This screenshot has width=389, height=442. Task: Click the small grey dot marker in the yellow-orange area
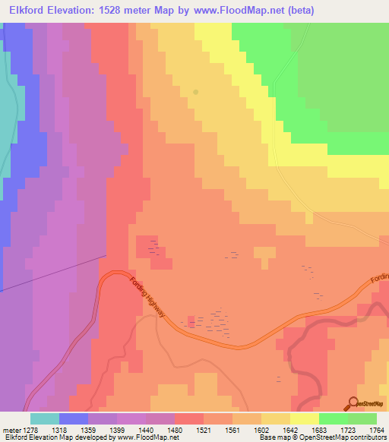(x=196, y=92)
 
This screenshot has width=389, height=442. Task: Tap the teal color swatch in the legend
(x=45, y=418)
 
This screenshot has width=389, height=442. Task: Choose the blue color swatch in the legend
(x=74, y=418)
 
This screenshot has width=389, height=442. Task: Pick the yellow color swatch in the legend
(x=305, y=418)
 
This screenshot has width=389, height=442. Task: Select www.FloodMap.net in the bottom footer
(x=148, y=437)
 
